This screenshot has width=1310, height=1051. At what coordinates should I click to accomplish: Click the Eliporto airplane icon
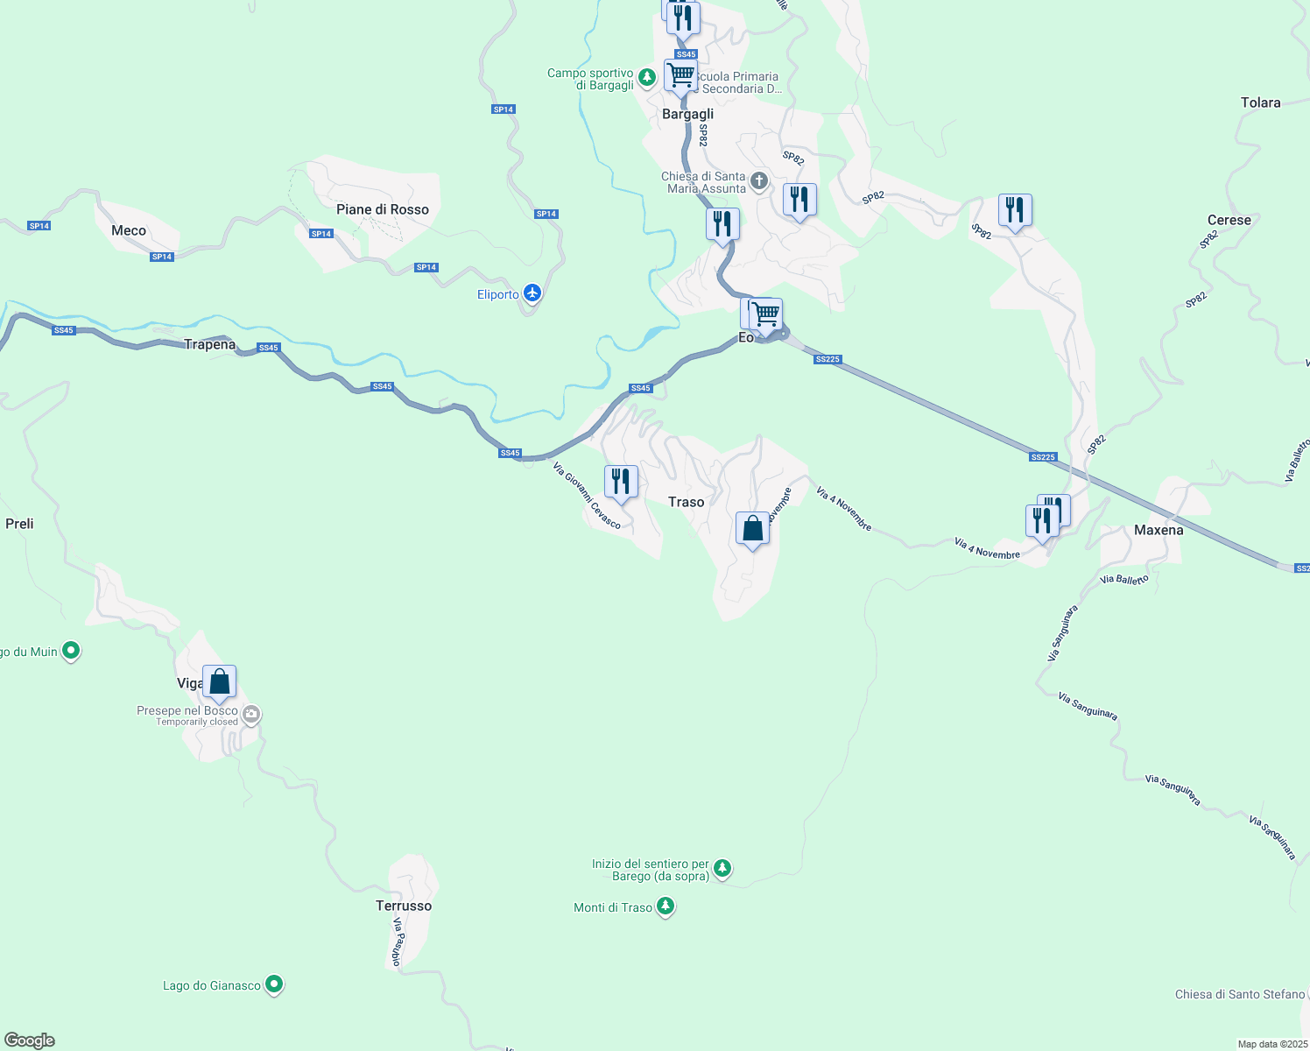point(532,293)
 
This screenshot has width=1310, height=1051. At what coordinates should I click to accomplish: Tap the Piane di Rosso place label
point(383,209)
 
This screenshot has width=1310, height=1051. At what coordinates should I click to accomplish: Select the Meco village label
point(129,230)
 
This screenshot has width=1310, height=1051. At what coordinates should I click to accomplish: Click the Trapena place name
point(210,344)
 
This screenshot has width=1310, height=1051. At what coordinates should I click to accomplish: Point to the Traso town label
point(686,502)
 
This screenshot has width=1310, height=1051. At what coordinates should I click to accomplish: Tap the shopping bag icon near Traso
point(752,529)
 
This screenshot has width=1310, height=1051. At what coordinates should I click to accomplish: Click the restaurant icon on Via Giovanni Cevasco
point(621,482)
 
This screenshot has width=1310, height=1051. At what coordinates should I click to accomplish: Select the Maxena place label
point(1159,530)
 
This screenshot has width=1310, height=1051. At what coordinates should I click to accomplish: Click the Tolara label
point(1260,102)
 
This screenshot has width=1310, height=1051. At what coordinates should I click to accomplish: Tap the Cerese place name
point(1229,220)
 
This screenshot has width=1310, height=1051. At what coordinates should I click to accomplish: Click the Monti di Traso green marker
point(666,906)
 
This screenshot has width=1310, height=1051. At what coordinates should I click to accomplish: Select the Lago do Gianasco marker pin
point(274,984)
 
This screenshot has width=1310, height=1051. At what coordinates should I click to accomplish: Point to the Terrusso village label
point(404,906)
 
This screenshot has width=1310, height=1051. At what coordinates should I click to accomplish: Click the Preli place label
point(19,524)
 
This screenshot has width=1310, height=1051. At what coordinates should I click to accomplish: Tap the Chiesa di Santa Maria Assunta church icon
point(758,181)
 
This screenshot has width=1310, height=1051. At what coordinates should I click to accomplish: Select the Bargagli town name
point(687,114)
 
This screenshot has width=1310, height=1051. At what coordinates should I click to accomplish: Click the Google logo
point(30,1040)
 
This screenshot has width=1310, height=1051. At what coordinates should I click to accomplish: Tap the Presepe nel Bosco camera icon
point(251,715)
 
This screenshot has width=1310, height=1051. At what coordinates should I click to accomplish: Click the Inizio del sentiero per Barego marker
point(722,869)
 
